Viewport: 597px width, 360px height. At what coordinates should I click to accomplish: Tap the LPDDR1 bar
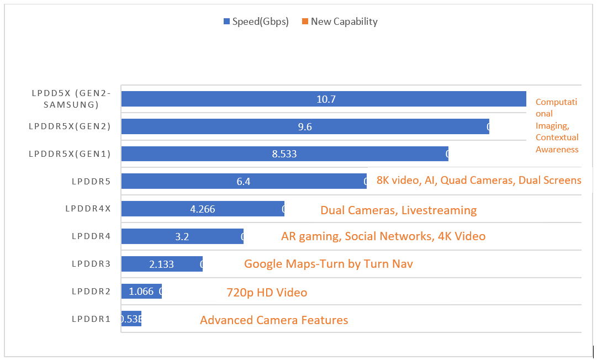(131, 319)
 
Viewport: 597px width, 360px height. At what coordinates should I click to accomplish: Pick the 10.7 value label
(326, 99)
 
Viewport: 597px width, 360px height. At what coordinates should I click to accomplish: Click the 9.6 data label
(305, 127)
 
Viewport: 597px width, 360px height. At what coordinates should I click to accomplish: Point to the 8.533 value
(284, 154)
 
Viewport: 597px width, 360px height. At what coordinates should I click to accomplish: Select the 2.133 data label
(162, 264)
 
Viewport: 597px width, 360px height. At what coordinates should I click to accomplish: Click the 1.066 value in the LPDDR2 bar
(141, 292)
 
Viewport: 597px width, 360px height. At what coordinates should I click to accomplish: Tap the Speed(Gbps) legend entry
(256, 22)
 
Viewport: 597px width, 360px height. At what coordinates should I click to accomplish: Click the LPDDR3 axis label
(91, 264)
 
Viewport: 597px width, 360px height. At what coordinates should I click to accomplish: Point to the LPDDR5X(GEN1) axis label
(70, 154)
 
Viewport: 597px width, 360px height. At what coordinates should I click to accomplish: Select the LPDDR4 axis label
(91, 236)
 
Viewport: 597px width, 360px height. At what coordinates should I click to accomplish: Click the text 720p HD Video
(267, 293)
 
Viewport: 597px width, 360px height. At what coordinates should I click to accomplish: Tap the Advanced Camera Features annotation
(274, 320)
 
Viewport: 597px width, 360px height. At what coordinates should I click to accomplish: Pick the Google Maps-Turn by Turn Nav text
(329, 264)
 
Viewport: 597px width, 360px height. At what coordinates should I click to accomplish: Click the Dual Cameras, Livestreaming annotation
(398, 210)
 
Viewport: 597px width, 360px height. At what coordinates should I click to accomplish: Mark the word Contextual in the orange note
(557, 137)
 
